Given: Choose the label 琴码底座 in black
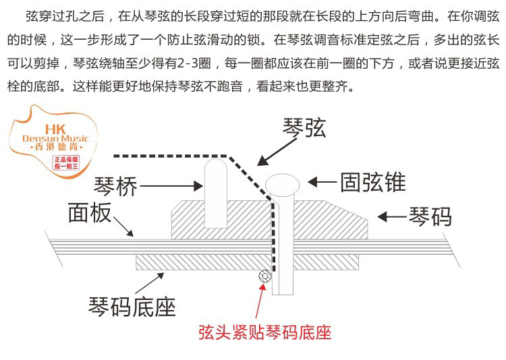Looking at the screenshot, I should point(132,306).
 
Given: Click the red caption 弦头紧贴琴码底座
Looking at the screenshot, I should point(264,332).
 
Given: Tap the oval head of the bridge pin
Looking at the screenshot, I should point(282,183).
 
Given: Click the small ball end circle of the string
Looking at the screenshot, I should point(264,276).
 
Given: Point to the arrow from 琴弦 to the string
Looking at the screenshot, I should point(274,150).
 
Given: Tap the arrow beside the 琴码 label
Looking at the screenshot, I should point(391,216).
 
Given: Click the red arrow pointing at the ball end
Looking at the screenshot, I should point(260,300).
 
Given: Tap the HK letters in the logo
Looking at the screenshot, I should point(52,127).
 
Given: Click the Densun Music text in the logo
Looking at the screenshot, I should point(51,139).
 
